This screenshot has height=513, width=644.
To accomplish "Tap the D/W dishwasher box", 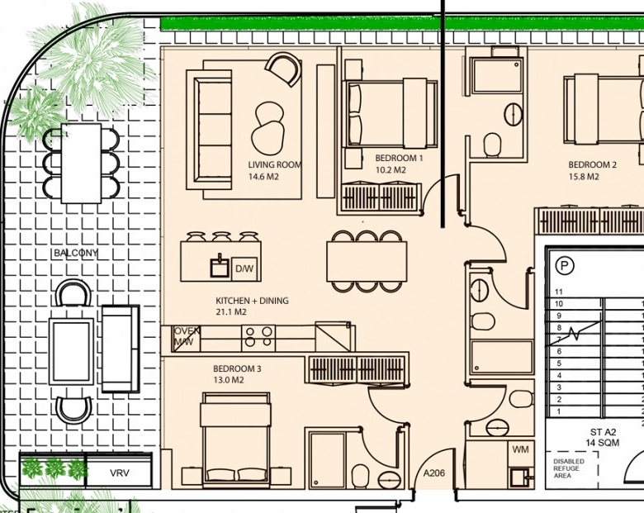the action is [x=244, y=269].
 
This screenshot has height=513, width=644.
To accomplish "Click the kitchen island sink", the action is [x=220, y=266].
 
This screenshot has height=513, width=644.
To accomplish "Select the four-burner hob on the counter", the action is [x=258, y=336].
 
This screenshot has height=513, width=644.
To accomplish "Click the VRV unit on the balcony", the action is [x=120, y=473].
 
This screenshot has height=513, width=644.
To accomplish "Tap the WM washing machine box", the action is [x=520, y=449].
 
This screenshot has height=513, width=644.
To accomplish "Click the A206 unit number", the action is [x=433, y=473].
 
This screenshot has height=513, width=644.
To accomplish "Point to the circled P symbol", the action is [x=565, y=266].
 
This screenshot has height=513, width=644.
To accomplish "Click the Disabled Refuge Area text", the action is [x=568, y=468].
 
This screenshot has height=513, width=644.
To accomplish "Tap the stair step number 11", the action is [x=558, y=292].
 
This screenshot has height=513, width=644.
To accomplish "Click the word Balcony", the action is [x=76, y=253].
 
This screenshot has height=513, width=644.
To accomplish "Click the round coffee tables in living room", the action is [x=268, y=128].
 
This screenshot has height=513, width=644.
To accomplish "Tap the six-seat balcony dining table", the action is [x=81, y=164].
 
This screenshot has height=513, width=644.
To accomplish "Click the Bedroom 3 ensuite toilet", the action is [x=361, y=476].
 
